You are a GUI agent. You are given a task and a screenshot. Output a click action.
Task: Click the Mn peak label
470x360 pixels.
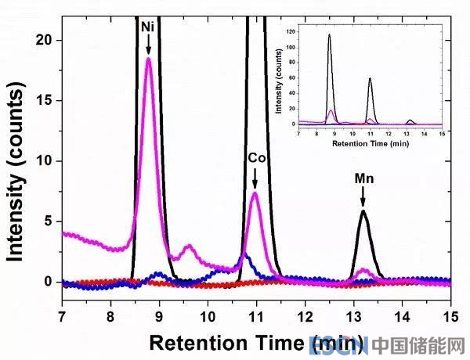click(363, 178)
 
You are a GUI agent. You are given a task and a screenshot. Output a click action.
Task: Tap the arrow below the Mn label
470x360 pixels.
click(363, 197)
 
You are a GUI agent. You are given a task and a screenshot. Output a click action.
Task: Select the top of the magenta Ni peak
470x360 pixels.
click(148, 59)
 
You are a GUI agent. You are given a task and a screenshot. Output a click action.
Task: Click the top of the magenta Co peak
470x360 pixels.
click(255, 193)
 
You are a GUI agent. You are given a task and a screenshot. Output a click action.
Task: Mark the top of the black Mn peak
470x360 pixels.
click(363, 211)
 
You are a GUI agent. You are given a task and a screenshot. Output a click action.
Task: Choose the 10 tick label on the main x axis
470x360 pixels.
click(208, 319)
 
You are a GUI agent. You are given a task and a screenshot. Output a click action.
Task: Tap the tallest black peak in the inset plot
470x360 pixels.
click(329, 36)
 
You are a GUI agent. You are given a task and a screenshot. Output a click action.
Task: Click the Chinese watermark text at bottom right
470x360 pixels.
click(419, 344)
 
